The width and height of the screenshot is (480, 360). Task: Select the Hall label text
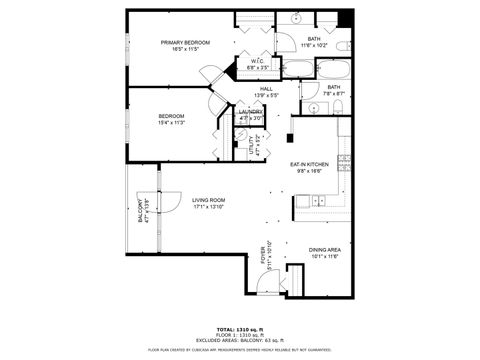click(267, 89)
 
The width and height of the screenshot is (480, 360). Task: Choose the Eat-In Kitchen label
click(310, 165)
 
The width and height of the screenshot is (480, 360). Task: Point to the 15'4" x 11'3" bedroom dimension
click(171, 123)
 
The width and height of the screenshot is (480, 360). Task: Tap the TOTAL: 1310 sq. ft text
click(239, 328)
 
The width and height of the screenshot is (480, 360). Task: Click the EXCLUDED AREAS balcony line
click(239, 340)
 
